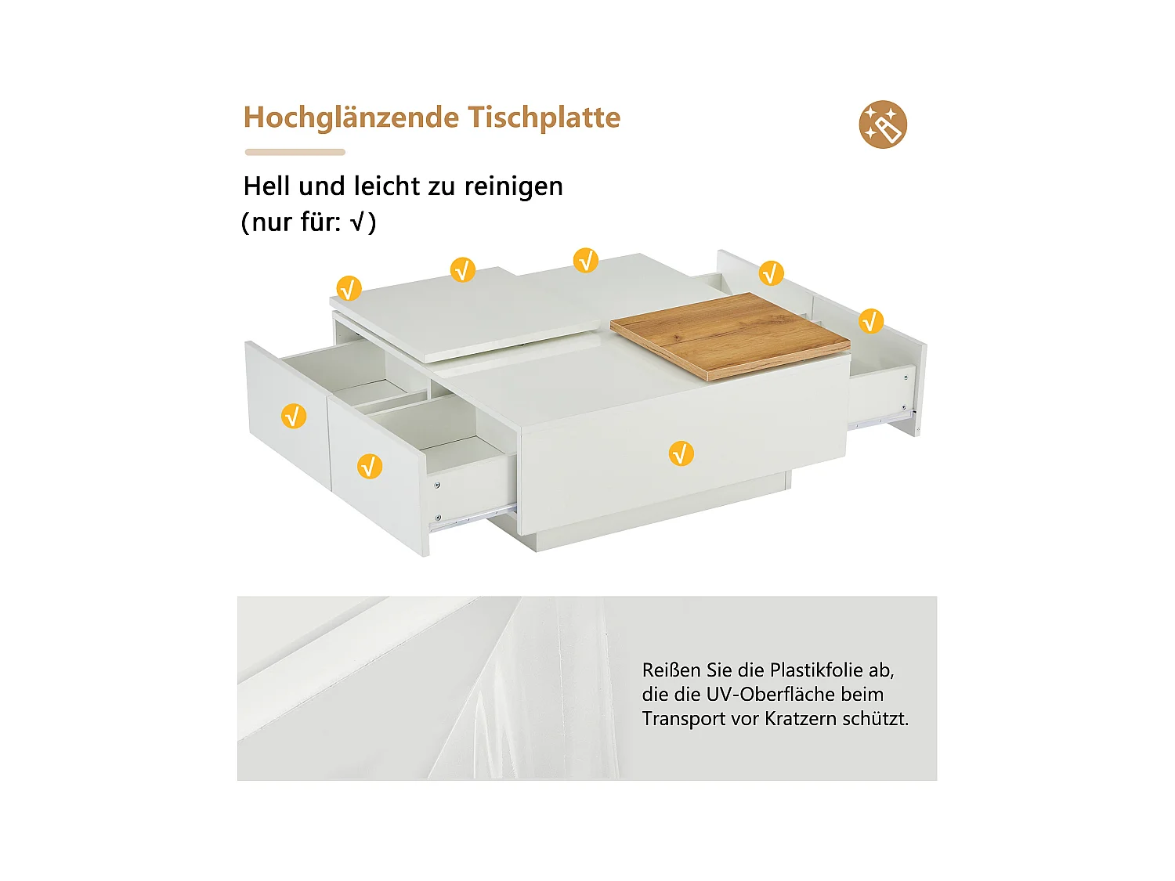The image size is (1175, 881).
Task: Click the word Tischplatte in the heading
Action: [544, 117]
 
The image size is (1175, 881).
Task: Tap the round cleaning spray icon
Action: [883, 125]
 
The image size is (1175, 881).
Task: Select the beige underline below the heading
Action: [295, 152]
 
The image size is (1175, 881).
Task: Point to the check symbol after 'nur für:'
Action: [357, 222]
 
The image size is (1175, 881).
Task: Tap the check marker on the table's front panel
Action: [681, 453]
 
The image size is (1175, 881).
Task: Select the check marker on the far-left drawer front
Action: [293, 416]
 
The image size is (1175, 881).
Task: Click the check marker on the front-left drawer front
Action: [370, 467]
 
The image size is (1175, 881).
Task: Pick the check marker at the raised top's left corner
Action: [349, 288]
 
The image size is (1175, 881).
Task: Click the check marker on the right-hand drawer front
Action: [871, 321]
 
